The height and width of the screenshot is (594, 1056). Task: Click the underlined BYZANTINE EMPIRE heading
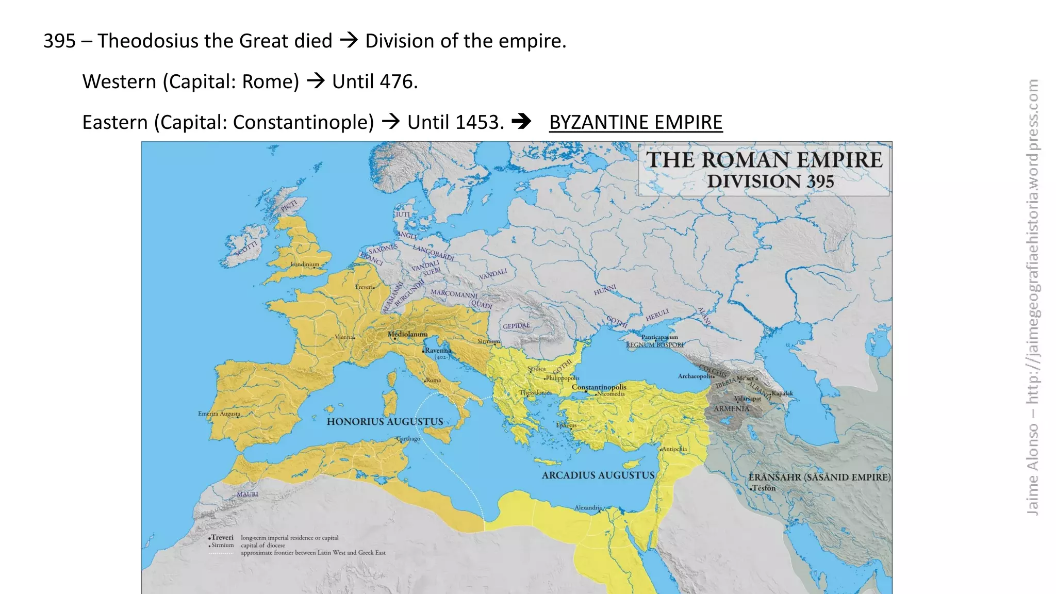point(635,122)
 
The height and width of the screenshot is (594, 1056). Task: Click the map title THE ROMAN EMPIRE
point(764,160)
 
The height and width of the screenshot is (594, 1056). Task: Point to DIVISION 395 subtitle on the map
point(770,181)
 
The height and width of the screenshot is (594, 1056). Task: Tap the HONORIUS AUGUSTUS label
point(385,422)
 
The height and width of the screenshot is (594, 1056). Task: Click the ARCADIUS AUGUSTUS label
point(598,475)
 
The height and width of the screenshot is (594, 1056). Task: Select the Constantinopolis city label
point(599,387)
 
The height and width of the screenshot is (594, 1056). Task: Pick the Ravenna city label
point(437,350)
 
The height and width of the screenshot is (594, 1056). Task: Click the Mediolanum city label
point(407,334)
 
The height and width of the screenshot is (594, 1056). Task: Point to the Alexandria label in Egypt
point(588,508)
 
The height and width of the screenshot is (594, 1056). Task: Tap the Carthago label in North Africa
point(408,439)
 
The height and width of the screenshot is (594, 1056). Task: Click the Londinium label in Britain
point(305,265)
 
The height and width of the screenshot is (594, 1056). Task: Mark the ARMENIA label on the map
point(731,409)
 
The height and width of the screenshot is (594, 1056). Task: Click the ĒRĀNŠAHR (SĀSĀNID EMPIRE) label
point(819,477)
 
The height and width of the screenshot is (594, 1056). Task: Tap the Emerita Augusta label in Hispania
point(219,414)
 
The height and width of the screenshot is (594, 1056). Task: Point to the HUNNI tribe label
point(604,290)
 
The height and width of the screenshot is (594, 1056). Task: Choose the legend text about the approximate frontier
point(313,553)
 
